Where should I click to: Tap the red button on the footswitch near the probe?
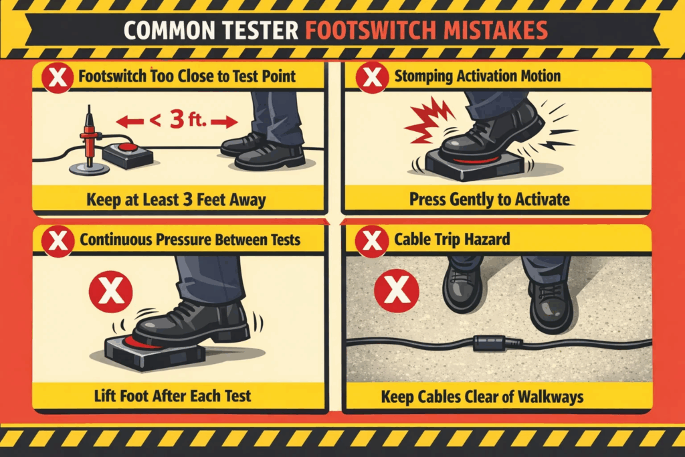pyautogui.click(x=127, y=147)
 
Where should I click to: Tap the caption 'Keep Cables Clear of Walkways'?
pyautogui.click(x=482, y=397)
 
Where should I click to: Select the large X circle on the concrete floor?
pyautogui.click(x=397, y=290)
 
